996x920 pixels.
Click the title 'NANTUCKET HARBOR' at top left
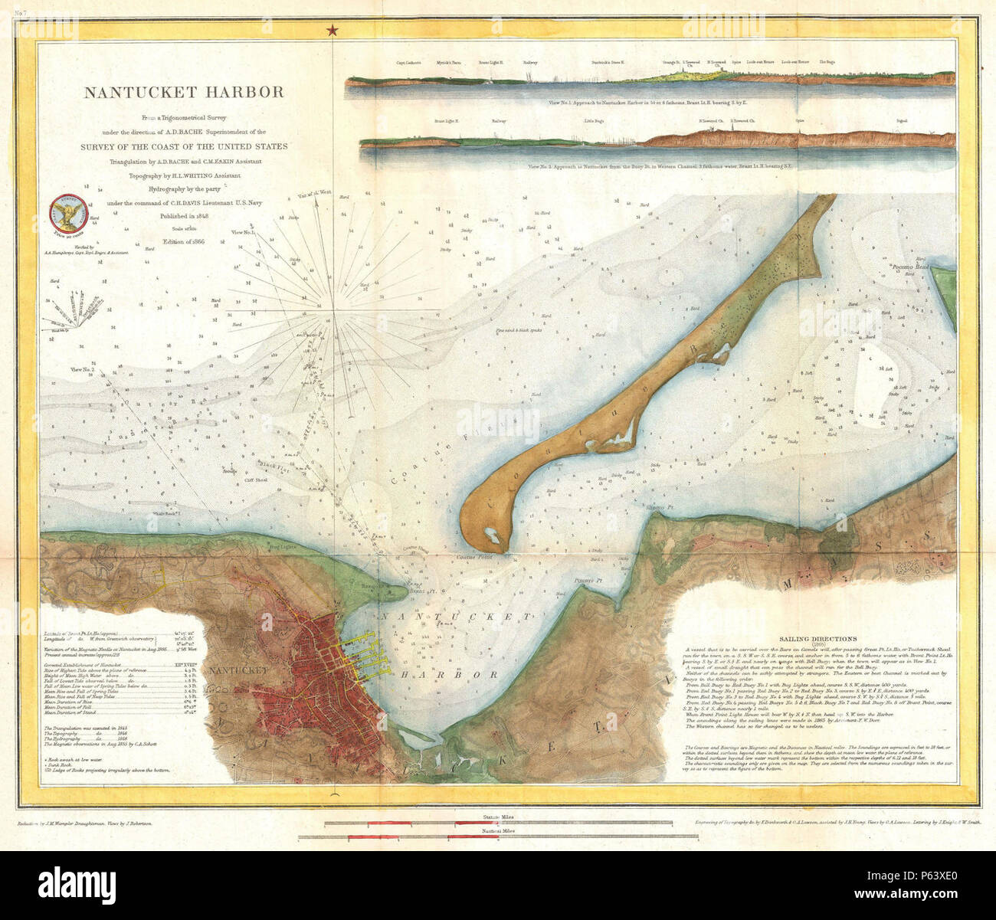184,93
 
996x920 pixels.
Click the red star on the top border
332,31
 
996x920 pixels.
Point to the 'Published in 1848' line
184,217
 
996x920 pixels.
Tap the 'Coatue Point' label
473,557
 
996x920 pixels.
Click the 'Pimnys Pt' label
589,581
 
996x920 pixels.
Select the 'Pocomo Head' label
910,268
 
